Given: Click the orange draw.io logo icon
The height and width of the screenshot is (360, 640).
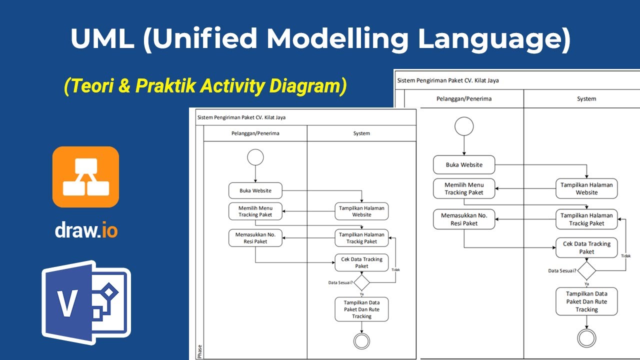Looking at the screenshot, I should pos(85,176).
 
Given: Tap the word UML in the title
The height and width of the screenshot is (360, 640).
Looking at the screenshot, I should pos(102,38).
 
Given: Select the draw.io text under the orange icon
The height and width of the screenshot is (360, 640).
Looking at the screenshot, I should pos(86,230).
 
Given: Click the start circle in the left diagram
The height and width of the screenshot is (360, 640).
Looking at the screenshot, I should pos(255,157).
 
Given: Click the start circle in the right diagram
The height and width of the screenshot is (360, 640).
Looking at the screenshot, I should pos(463,126).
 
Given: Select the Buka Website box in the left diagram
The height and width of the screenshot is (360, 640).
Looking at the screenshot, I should pos(255,190).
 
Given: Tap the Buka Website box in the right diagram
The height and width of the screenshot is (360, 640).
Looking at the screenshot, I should pos(463,164).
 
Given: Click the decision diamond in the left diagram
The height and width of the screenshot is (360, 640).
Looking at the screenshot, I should pos(361,282).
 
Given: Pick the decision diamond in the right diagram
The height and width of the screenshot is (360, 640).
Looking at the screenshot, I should pos(586,270).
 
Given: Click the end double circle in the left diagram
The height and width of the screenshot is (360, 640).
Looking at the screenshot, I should pos(361,341).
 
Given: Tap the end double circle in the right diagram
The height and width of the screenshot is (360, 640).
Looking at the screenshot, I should pos(586,337).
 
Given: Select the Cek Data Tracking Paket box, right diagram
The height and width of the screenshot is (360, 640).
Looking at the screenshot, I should pos(586,247).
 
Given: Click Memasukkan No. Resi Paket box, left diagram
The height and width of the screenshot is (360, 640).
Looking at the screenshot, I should pos(255,238).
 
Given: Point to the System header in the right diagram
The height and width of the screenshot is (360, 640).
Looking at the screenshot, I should pos(586,98).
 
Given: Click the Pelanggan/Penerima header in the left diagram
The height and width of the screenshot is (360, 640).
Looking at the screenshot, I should pos(255,133).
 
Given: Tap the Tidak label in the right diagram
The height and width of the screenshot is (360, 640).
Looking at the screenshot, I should pos(625,255).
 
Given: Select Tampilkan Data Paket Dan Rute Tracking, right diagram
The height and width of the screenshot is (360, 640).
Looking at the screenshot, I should pos(586,301).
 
